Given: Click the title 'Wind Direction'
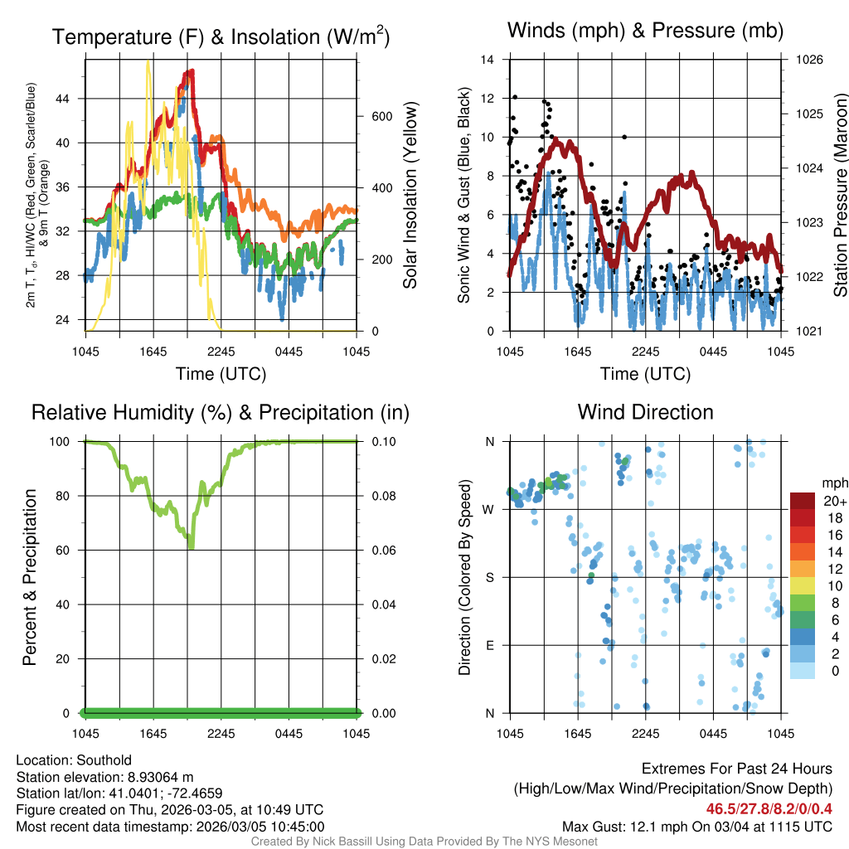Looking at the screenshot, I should [645, 412].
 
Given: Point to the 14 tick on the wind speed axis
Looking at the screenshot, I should [488, 60].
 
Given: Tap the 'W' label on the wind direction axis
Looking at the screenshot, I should [489, 509].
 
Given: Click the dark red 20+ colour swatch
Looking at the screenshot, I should [803, 502].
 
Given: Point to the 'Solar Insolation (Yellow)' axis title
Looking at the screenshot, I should [410, 195].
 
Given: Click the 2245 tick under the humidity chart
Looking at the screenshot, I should [221, 734].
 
